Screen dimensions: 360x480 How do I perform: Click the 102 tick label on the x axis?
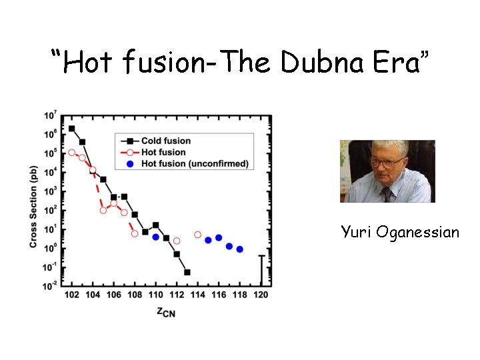tap(71, 295)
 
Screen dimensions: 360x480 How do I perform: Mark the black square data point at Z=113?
tap(187, 272)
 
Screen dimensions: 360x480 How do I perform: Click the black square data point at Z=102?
tap(71, 129)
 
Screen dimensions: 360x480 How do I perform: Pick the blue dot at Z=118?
tap(240, 249)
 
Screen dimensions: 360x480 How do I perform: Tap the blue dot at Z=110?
tap(155, 237)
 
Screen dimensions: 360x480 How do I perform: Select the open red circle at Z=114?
tap(197, 235)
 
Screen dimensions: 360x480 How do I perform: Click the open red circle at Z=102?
tap(71, 153)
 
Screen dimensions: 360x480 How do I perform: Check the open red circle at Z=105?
tap(103, 210)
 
